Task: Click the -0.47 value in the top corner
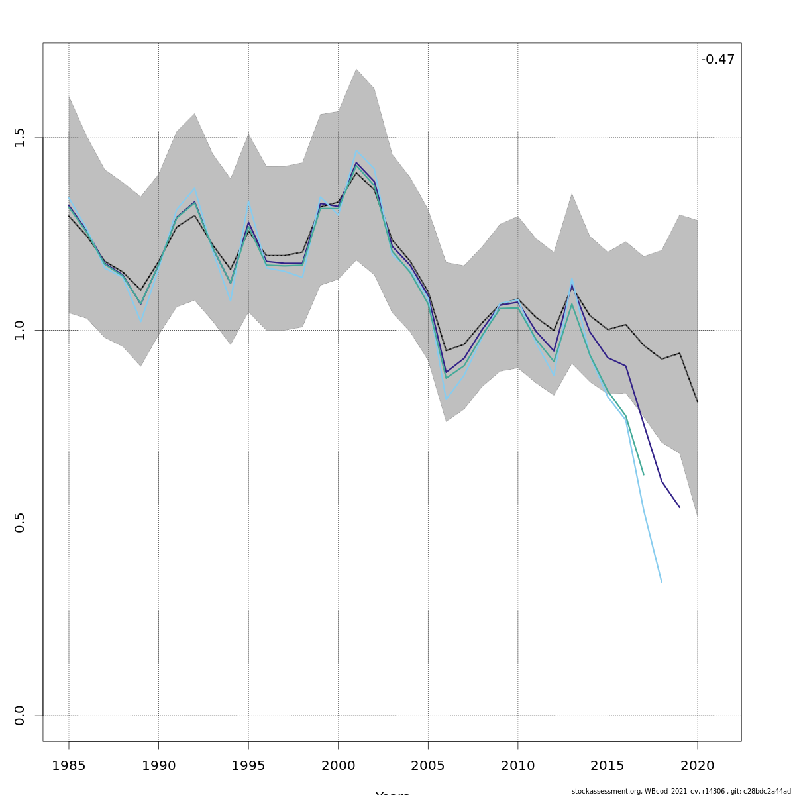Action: click(x=717, y=60)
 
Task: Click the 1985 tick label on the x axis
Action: click(x=69, y=766)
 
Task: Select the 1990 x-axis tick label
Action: click(x=158, y=766)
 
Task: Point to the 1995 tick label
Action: click(x=248, y=766)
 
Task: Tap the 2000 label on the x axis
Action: click(x=338, y=766)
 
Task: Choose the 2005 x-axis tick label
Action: click(x=428, y=766)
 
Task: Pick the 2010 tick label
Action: click(x=517, y=766)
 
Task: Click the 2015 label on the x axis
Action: click(x=608, y=766)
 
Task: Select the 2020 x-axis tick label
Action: click(x=698, y=766)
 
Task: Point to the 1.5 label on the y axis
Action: click(x=19, y=138)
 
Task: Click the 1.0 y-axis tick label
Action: click(x=19, y=330)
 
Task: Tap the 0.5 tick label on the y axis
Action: click(x=19, y=523)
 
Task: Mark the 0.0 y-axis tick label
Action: click(x=19, y=715)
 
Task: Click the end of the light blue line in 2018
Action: click(x=661, y=582)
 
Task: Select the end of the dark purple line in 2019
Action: click(x=679, y=507)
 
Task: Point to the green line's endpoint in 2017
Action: click(x=643, y=474)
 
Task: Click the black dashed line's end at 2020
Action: click(x=698, y=402)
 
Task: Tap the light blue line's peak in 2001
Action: click(x=356, y=150)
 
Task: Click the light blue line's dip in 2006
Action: click(x=446, y=399)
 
